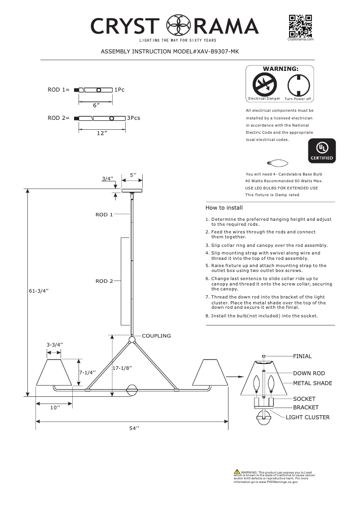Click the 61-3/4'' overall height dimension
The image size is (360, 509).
(39, 291)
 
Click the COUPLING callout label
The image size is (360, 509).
(157, 336)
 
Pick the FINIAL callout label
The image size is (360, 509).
(302, 356)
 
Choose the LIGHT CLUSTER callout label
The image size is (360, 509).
(307, 417)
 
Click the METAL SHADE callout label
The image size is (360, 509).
(312, 383)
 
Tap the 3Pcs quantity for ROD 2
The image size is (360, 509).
(134, 118)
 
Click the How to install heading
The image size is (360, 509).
(224, 208)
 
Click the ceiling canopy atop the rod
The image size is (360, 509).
(132, 191)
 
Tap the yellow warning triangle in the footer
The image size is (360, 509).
(237, 472)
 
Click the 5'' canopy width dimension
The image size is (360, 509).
(133, 175)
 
